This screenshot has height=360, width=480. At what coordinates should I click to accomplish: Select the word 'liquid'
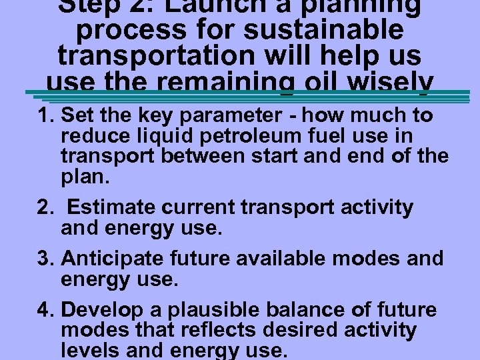(x=157, y=136)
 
